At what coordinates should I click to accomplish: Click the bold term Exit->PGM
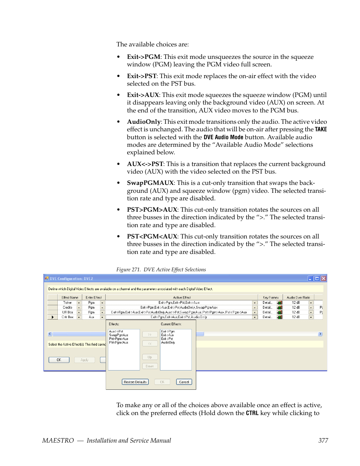tap(143, 57)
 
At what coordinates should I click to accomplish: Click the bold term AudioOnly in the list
tap(144, 122)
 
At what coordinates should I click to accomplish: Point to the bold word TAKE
tap(321, 129)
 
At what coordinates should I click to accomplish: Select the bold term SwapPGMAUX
tap(150, 183)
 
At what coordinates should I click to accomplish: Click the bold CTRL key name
tap(252, 413)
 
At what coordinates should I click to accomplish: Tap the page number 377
tap(323, 440)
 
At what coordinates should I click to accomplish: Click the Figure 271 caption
tap(161, 270)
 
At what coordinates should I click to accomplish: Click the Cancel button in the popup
tap(184, 382)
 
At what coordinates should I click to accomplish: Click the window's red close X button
tap(323, 278)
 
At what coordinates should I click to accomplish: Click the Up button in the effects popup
tap(150, 357)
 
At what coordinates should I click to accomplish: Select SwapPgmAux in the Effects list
tap(118, 335)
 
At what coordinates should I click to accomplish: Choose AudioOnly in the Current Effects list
tap(168, 343)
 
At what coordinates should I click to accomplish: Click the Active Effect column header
tap(182, 297)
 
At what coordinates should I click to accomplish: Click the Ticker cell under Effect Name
tap(68, 303)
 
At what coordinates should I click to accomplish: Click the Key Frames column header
tap(271, 297)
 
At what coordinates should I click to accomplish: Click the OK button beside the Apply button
tap(59, 360)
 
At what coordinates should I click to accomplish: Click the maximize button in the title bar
tap(317, 278)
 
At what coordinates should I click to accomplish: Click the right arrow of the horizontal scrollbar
tap(320, 334)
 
